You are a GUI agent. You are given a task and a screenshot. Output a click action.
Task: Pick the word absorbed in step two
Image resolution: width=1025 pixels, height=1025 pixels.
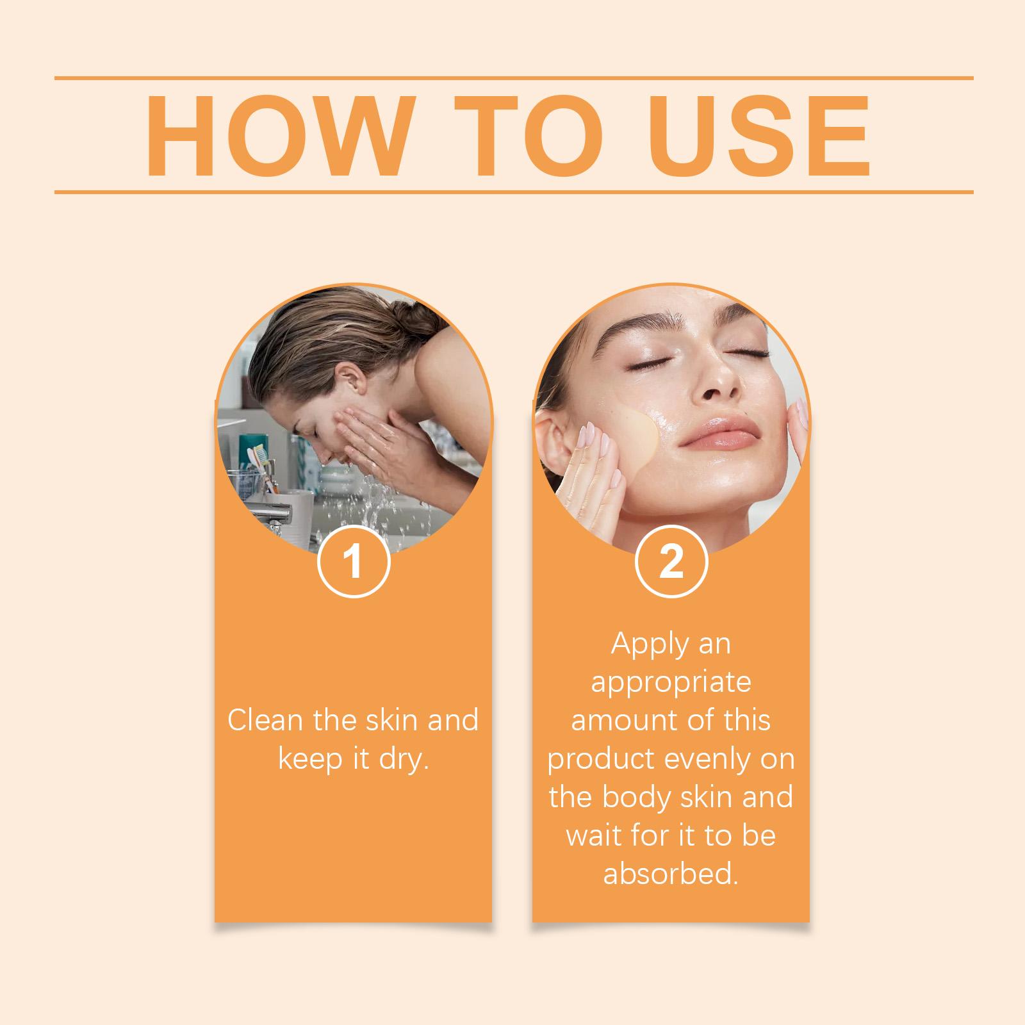pyautogui.click(x=671, y=874)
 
